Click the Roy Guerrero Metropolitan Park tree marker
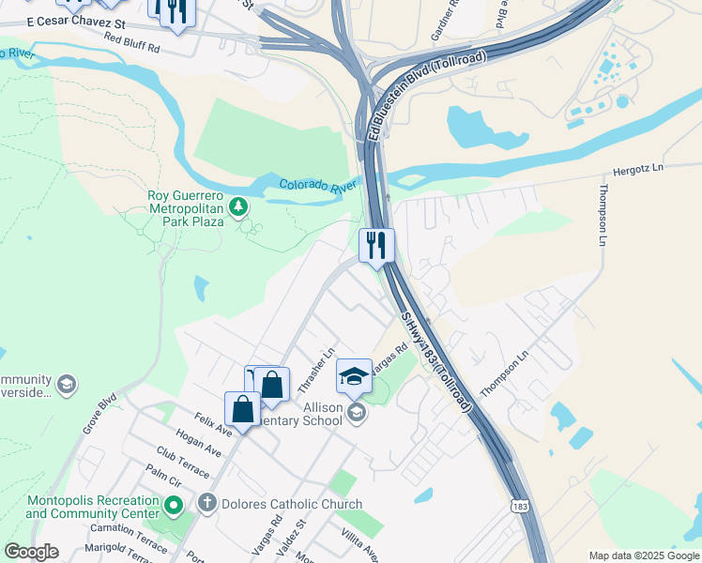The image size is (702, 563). [x=239, y=205]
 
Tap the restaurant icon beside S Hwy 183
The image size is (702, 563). [x=375, y=246]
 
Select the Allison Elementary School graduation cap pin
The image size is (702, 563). [x=355, y=376]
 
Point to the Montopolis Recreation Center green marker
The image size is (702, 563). [x=173, y=507]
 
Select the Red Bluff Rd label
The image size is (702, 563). [x=132, y=42]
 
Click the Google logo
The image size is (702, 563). [x=31, y=553]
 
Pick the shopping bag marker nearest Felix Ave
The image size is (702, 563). [x=243, y=410]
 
